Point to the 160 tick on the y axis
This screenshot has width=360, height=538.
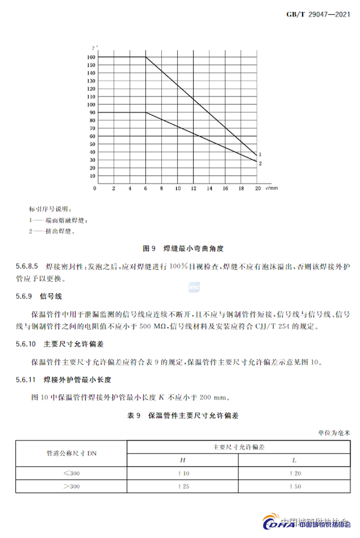(91, 57)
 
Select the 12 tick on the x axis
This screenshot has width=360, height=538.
(194, 188)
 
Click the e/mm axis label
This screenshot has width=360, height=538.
(271, 187)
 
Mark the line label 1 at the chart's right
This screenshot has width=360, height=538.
(260, 155)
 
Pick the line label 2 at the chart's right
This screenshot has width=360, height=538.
(260, 164)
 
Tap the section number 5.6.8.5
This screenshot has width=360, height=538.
(26, 266)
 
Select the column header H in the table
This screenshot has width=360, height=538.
(183, 460)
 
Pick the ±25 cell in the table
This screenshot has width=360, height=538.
(183, 486)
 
